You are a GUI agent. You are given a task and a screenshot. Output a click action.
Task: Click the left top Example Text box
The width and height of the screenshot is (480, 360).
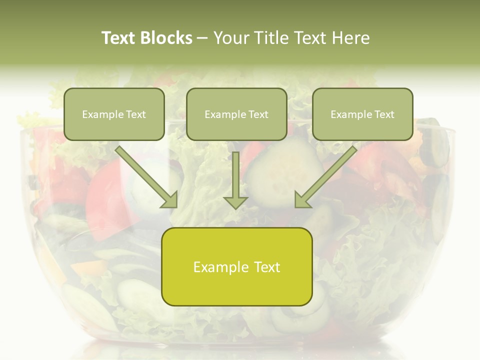[114, 114]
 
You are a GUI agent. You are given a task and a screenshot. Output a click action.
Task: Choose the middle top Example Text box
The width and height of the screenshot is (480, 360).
[236, 114]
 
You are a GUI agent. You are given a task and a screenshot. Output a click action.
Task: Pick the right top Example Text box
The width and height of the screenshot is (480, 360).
[362, 114]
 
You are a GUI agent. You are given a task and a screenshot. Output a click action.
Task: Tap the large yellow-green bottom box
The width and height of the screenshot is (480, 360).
[236, 266]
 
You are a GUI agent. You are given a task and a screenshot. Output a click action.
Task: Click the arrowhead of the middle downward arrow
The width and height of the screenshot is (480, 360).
[235, 201]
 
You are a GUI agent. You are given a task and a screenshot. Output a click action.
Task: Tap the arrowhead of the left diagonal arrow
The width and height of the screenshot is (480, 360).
[170, 199]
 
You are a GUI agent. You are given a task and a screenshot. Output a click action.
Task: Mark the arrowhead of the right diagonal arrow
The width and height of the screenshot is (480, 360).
[302, 199]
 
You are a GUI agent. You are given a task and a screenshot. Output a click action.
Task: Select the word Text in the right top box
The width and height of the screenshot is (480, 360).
[383, 114]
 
